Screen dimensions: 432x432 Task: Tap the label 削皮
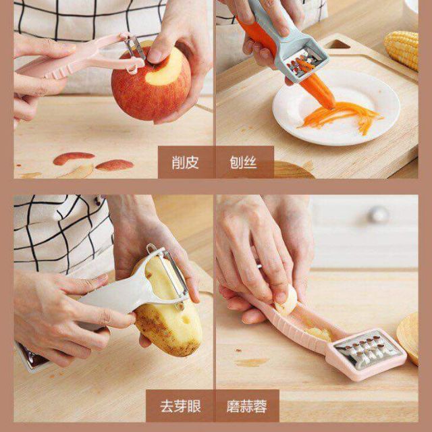[x=185, y=162]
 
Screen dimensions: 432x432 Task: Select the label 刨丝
[x=243, y=162]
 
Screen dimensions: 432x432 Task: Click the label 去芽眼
[x=180, y=406]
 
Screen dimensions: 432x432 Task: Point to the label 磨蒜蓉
[x=247, y=406]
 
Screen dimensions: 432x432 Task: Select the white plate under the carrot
[x=336, y=107]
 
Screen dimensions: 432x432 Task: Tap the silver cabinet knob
[x=379, y=215]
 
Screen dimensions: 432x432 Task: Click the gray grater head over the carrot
[x=306, y=62]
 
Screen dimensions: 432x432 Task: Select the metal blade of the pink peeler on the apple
[x=135, y=47]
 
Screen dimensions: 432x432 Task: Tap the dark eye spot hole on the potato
[x=186, y=319]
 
